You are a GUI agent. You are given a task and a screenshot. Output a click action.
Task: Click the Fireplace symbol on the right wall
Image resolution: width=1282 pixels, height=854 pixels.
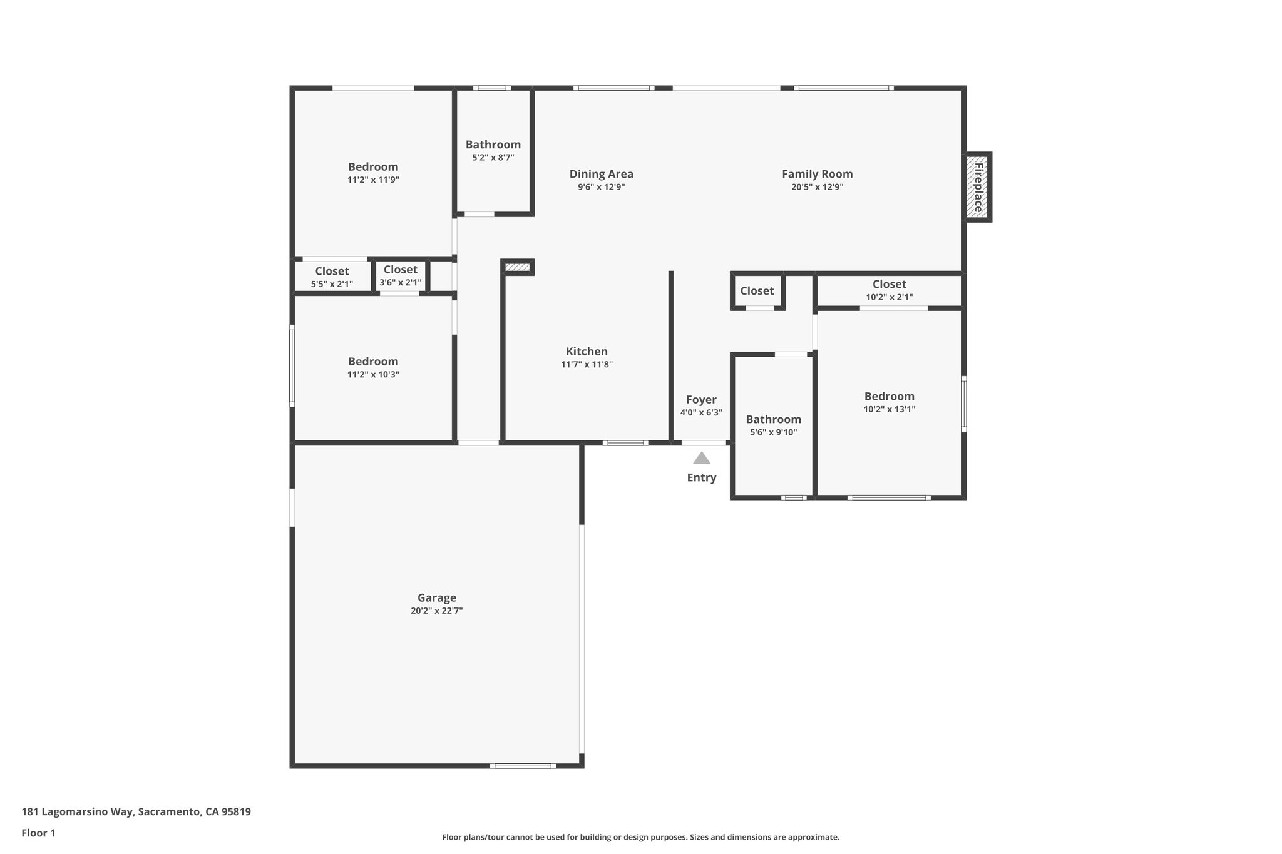pyautogui.click(x=977, y=186)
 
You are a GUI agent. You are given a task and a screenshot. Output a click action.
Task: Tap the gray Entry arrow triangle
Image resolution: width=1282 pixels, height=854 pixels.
pyautogui.click(x=701, y=459)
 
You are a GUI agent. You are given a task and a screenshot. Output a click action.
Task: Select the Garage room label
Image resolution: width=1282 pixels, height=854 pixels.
pyautogui.click(x=436, y=597)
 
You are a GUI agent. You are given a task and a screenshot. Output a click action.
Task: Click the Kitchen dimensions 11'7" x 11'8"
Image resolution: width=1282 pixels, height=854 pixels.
pyautogui.click(x=587, y=365)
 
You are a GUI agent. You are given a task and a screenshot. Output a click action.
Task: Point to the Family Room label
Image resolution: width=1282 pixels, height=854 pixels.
pyautogui.click(x=817, y=174)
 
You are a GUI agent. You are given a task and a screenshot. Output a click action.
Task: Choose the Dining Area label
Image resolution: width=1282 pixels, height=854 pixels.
pyautogui.click(x=601, y=174)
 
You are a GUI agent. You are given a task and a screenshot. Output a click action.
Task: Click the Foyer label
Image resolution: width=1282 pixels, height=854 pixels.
pyautogui.click(x=701, y=400)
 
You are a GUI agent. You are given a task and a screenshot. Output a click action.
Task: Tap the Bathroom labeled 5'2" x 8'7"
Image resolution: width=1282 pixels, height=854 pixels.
pyautogui.click(x=493, y=145)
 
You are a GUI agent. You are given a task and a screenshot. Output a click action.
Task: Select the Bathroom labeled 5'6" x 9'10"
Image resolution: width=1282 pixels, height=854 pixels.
pyautogui.click(x=773, y=419)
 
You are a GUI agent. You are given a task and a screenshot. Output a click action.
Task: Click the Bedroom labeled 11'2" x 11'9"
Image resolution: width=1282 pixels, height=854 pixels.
pyautogui.click(x=373, y=167)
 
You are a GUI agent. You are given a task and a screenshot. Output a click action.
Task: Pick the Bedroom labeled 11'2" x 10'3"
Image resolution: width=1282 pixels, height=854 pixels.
pyautogui.click(x=373, y=362)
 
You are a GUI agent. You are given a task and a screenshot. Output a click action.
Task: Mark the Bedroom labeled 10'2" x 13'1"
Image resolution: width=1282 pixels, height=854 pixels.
pyautogui.click(x=889, y=396)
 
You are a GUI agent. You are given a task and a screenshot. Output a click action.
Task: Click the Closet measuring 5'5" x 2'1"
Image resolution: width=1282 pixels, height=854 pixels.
pyautogui.click(x=332, y=272)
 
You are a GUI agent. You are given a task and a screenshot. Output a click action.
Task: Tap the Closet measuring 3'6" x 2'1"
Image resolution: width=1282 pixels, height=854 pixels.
pyautogui.click(x=400, y=270)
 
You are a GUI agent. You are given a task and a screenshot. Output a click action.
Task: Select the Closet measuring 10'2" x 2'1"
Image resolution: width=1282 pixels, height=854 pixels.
pyautogui.click(x=889, y=285)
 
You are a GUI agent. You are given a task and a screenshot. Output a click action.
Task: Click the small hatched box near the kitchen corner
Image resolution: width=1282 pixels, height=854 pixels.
pyautogui.click(x=517, y=268)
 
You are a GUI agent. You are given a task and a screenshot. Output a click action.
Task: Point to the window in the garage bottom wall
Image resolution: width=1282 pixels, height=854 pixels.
pyautogui.click(x=523, y=766)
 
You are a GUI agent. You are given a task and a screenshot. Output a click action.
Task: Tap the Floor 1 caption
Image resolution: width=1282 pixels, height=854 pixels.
pyautogui.click(x=38, y=833)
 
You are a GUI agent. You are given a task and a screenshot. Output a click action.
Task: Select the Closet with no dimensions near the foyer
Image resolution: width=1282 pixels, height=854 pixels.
pyautogui.click(x=757, y=291)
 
